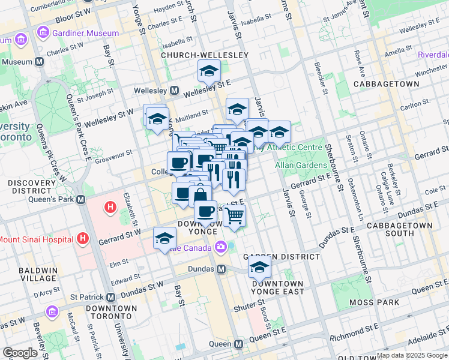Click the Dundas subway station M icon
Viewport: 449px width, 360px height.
click(221, 269)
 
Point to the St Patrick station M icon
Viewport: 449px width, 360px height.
click(110, 297)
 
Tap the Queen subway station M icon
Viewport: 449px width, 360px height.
click(238, 344)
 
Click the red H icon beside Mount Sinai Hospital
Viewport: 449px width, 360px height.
click(83, 239)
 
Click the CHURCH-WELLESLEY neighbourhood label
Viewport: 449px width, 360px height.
click(205, 55)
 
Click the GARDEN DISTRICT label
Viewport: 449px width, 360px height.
click(281, 256)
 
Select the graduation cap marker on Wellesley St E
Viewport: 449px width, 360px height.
click(209, 71)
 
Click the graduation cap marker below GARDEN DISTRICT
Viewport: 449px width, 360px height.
click(259, 266)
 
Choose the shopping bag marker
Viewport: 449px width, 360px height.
click(200, 196)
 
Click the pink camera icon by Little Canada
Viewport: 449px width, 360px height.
click(221, 246)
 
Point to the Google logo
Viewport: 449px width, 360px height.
click(20, 352)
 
